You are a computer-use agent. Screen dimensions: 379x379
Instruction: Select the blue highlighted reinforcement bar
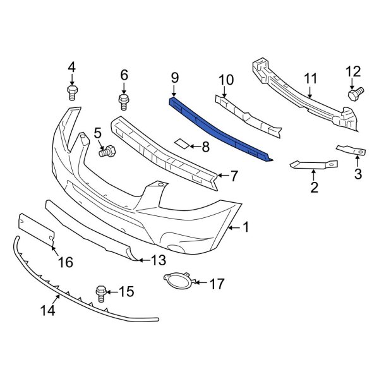(x=221, y=129)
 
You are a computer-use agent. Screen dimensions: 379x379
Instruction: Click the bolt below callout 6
(x=123, y=100)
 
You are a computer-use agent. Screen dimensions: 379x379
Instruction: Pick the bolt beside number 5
(x=109, y=152)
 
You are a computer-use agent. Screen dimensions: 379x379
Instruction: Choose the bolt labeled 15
(x=100, y=291)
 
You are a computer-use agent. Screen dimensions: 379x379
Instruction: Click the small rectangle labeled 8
(x=181, y=144)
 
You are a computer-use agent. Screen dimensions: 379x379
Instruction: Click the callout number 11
(x=310, y=79)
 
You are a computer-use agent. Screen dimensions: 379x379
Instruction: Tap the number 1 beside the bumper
(x=246, y=226)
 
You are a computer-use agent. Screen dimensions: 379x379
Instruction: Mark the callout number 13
(x=159, y=260)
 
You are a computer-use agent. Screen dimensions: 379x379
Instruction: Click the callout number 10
(x=226, y=80)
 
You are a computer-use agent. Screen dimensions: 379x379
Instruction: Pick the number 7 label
(x=233, y=175)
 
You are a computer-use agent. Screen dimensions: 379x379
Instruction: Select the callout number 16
(x=65, y=262)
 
